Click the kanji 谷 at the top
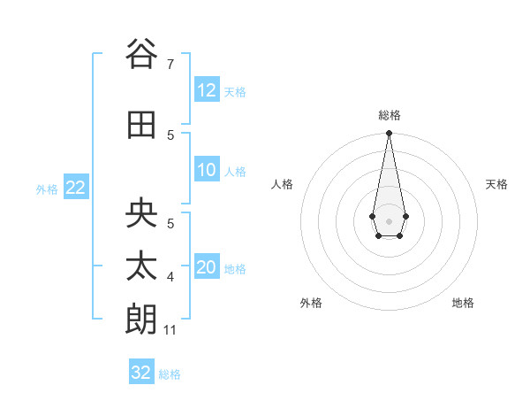140,54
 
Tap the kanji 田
140,126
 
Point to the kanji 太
140,266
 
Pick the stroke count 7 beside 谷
170,65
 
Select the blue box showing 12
207,90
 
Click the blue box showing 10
207,170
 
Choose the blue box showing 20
207,267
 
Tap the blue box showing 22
75,188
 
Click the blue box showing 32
141,373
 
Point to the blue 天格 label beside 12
235,92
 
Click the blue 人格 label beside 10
235,172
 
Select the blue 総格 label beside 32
170,374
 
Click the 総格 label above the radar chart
389,115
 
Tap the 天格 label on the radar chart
496,184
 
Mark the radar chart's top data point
389,134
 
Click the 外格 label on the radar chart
311,303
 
